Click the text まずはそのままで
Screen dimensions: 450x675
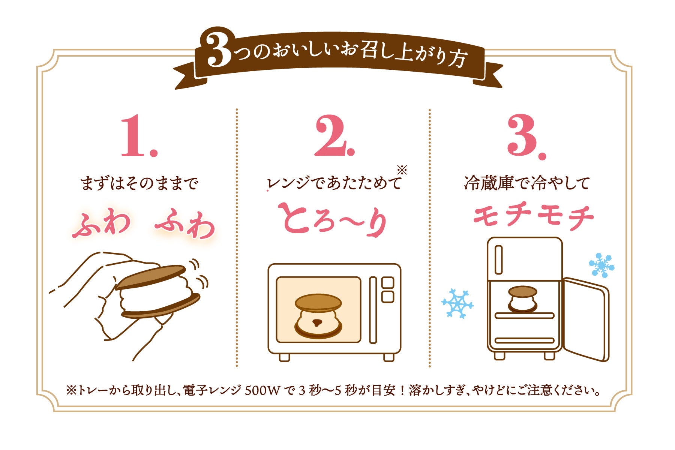(x=139, y=184)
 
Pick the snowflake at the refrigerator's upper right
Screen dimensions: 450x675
(x=601, y=265)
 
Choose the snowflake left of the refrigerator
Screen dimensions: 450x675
(x=457, y=303)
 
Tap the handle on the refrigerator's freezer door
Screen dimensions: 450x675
(x=498, y=259)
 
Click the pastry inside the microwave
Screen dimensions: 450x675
(x=318, y=315)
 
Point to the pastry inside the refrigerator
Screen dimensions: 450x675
(x=522, y=298)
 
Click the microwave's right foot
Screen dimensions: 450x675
(x=389, y=357)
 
